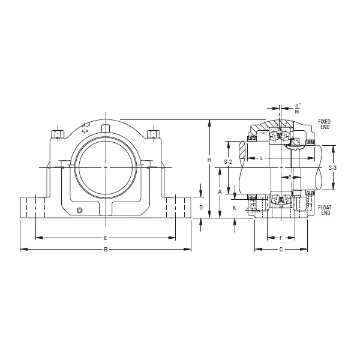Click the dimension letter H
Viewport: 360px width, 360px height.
click(x=209, y=160)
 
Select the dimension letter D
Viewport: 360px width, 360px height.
click(x=201, y=208)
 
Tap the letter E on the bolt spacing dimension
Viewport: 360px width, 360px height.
click(x=106, y=238)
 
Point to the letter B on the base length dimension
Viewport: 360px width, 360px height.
click(x=106, y=249)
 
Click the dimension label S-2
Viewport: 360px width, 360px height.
click(x=228, y=162)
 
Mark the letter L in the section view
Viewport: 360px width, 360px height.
click(x=262, y=158)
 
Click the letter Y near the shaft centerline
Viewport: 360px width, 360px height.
click(x=289, y=177)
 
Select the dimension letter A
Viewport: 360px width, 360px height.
click(x=220, y=192)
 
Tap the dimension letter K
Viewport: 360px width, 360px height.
click(x=234, y=208)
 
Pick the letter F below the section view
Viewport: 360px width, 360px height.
click(x=281, y=238)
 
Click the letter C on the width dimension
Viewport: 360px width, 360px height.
click(x=281, y=249)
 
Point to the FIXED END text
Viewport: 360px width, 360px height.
click(x=324, y=124)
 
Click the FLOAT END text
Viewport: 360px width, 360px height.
click(x=325, y=210)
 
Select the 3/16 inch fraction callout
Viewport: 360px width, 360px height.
click(x=296, y=108)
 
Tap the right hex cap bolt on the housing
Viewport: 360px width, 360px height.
click(x=152, y=133)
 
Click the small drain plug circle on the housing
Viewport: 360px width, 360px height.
click(x=80, y=210)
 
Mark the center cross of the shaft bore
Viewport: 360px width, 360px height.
click(x=106, y=166)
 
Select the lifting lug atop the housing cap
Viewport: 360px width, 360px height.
click(x=106, y=128)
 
